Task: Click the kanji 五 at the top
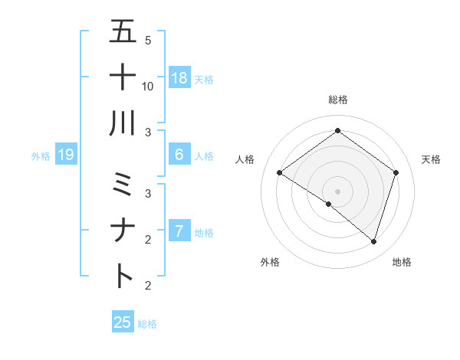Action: click(x=123, y=32)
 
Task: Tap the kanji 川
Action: click(x=123, y=123)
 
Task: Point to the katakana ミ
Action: click(x=123, y=185)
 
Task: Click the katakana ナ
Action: click(x=123, y=230)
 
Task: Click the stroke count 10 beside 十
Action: click(x=148, y=86)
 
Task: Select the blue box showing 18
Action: click(x=179, y=77)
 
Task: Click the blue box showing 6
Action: click(x=179, y=155)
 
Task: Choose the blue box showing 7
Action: click(x=179, y=231)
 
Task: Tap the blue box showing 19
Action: click(x=65, y=155)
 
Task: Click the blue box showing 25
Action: click(x=123, y=322)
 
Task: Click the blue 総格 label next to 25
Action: click(x=147, y=324)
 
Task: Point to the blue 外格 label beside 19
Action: click(x=41, y=156)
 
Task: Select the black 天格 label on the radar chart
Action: click(x=431, y=159)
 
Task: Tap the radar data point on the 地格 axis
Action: click(x=373, y=241)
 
